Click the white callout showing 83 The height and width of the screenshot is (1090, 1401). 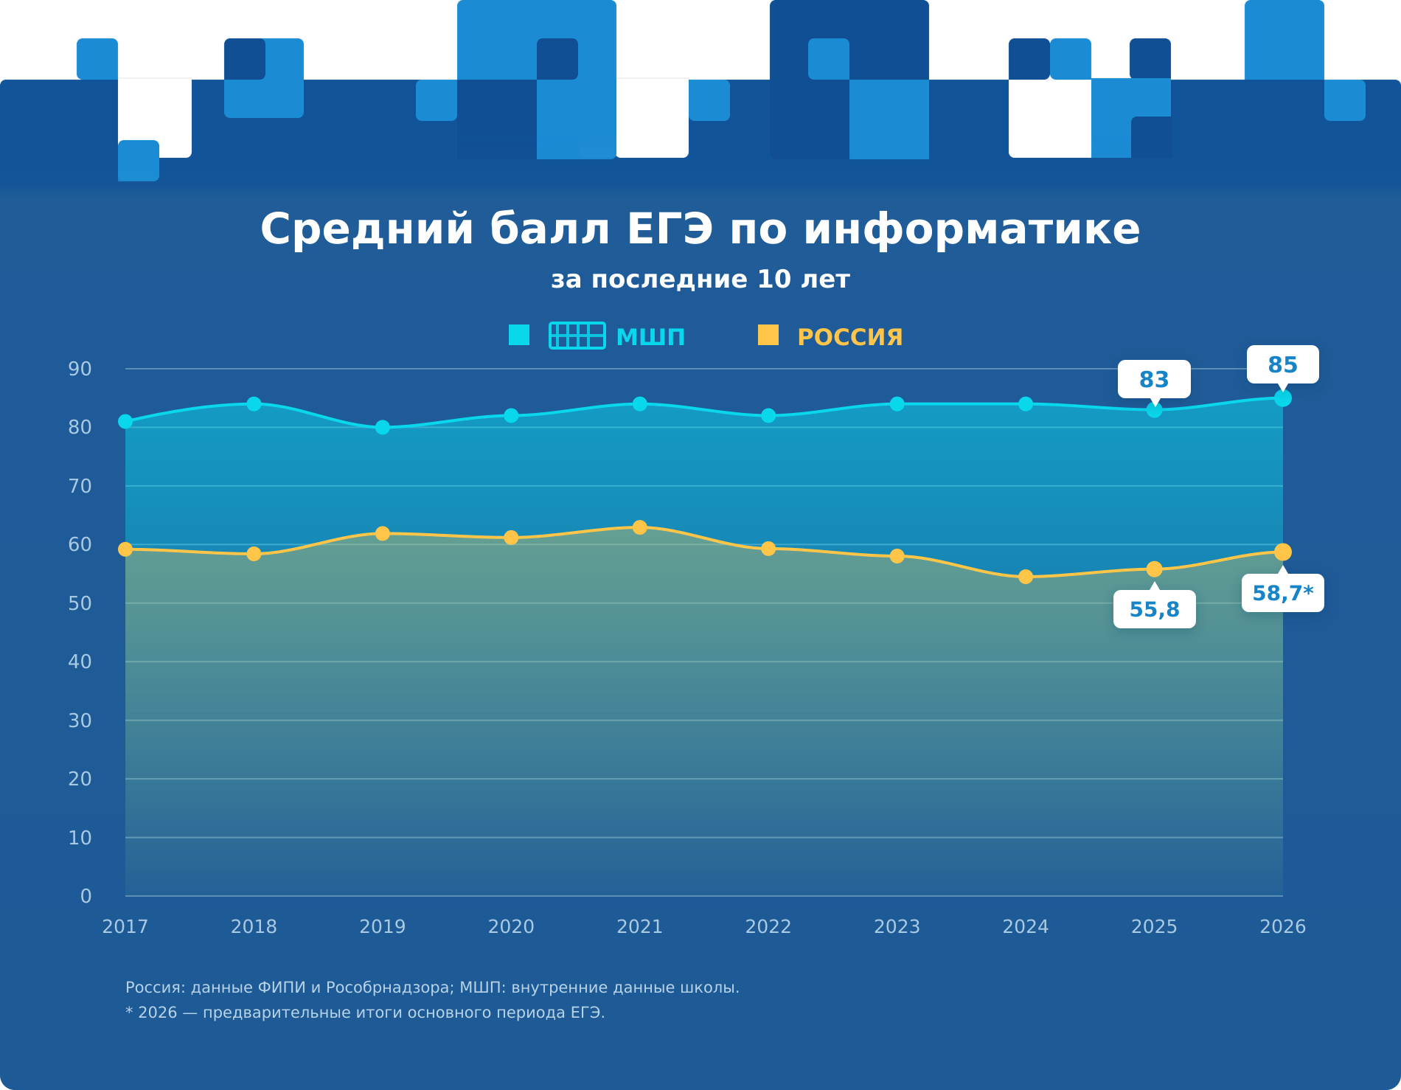[1154, 379]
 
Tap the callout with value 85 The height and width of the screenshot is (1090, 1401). [1283, 364]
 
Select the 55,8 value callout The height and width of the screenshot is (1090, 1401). [1155, 609]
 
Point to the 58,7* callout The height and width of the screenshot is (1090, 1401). [1283, 593]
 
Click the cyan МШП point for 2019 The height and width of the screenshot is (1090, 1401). [383, 427]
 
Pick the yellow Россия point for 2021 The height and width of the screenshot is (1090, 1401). [640, 527]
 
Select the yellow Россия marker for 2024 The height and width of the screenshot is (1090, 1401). [1026, 577]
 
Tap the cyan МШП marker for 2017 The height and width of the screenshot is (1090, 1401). [125, 421]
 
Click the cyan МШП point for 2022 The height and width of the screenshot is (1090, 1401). [768, 416]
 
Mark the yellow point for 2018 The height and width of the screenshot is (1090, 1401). [254, 554]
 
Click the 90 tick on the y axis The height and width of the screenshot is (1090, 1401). [80, 369]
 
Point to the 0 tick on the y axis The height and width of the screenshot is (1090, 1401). [86, 896]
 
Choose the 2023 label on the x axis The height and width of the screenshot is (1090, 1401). [897, 926]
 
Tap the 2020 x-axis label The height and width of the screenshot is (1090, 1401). [511, 926]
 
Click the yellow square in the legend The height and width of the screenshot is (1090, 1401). [768, 335]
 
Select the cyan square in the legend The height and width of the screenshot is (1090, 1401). [519, 335]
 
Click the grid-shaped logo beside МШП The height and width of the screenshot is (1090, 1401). [577, 336]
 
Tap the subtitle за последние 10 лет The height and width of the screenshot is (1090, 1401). [700, 280]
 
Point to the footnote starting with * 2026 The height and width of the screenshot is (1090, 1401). [365, 1013]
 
